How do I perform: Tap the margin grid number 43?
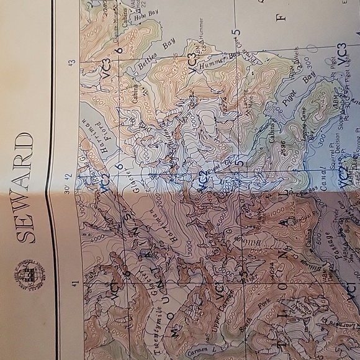click(x=73, y=63)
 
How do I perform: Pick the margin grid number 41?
click(x=74, y=284)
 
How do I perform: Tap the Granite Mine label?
click(x=118, y=24)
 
